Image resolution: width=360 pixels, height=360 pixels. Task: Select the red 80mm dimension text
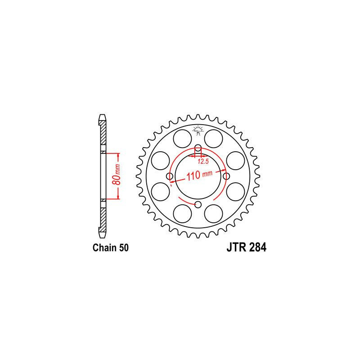click(x=116, y=176)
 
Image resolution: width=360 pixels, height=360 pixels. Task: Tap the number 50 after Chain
click(x=124, y=248)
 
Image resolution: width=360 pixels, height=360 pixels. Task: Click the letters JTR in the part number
click(x=233, y=248)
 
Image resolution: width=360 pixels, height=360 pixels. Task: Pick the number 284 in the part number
click(x=256, y=248)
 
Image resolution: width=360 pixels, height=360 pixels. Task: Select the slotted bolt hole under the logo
click(x=198, y=149)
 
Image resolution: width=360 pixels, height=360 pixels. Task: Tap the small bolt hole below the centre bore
click(x=198, y=205)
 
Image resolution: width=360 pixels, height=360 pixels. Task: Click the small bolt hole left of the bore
click(x=170, y=176)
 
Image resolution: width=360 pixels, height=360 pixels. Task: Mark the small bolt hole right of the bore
click(x=226, y=176)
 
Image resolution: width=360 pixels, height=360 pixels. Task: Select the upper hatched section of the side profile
click(x=103, y=135)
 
